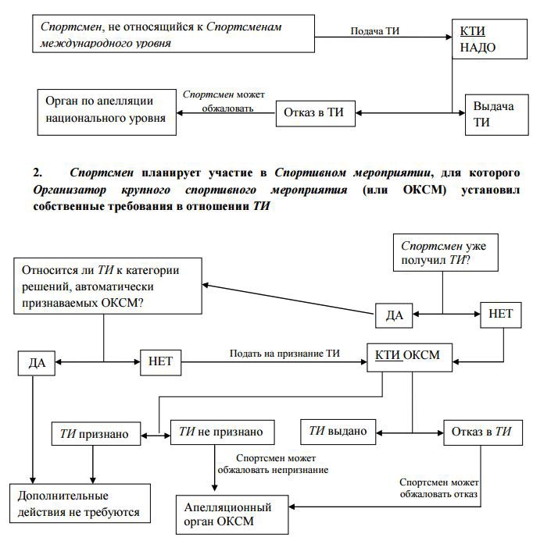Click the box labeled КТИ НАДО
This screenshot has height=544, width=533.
click(489, 39)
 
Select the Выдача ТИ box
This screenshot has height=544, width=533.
click(496, 115)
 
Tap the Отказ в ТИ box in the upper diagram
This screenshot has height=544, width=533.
click(316, 113)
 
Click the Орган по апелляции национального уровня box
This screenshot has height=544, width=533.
click(106, 112)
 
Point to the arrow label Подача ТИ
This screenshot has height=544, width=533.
click(375, 31)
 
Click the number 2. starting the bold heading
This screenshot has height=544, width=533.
click(38, 172)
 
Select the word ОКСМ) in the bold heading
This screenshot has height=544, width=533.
click(424, 190)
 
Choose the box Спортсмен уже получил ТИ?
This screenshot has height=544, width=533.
click(445, 252)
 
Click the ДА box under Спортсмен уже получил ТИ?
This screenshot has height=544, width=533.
click(394, 315)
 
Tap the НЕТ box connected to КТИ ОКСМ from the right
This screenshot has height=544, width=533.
click(501, 315)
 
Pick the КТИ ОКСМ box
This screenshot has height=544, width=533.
click(410, 357)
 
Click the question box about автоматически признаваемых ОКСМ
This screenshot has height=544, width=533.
click(108, 286)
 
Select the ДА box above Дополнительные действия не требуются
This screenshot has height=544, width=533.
click(37, 363)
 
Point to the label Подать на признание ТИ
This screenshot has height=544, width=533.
click(284, 354)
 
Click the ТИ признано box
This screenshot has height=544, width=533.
click(96, 433)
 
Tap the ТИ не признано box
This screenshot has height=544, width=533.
click(223, 432)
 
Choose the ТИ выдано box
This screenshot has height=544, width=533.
click(338, 432)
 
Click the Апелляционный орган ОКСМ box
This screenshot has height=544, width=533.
click(232, 514)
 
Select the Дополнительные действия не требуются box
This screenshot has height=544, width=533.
click(80, 503)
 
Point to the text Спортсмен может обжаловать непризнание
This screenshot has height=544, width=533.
click(273, 464)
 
